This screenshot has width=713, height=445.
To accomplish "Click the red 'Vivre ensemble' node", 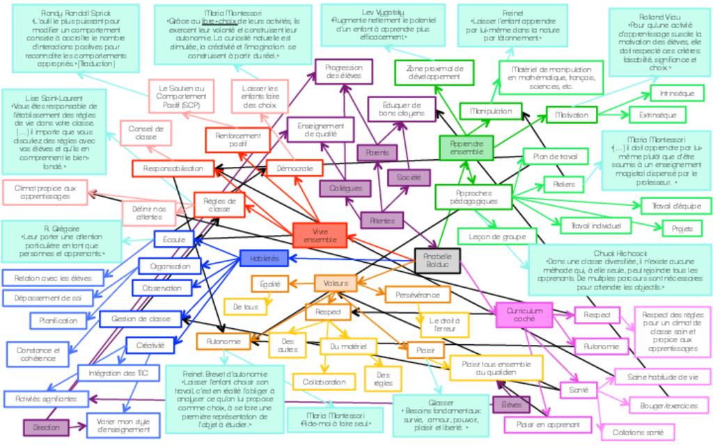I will pos(320,235).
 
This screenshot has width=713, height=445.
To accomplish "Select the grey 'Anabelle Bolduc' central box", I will pos(437,260).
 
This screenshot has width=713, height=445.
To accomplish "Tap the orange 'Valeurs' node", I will pos(336,283).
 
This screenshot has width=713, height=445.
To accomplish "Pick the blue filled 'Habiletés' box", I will pos(264,258).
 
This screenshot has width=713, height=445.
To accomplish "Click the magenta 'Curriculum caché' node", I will pos(524,314).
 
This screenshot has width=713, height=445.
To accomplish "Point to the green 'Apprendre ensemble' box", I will pos(466,147).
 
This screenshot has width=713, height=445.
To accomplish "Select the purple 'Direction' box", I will pos(46,428).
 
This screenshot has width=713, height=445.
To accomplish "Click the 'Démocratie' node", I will pos(295,168).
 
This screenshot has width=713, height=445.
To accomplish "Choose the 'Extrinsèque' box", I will pos(657,115).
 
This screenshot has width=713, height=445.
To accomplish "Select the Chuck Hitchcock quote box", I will pos(620,269).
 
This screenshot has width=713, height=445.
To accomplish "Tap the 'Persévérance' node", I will pos(418,294).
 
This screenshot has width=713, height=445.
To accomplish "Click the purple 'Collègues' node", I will pos(345,188).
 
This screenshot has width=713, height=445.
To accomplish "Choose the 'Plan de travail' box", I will pos(555,157).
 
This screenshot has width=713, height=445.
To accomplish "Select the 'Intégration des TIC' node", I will pos(118,373).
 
